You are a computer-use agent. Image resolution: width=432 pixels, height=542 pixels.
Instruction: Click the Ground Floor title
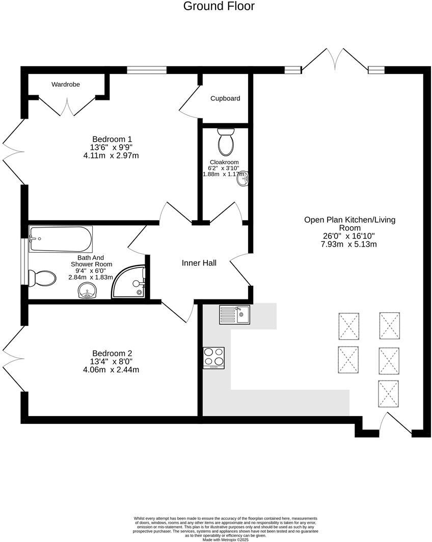point(219,6)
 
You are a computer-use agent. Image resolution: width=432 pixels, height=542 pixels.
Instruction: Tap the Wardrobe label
point(66,84)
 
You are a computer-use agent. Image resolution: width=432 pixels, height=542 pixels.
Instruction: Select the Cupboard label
point(225,98)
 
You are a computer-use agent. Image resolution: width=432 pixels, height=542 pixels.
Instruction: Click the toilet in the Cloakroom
point(225,142)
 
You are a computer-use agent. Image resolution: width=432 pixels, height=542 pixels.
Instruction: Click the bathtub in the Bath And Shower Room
point(60,238)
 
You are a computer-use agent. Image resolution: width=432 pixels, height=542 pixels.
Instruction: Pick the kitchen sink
point(234,314)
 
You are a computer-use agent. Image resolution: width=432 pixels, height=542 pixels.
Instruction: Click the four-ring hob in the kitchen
point(214,357)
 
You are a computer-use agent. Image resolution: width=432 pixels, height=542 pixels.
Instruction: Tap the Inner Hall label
point(199,263)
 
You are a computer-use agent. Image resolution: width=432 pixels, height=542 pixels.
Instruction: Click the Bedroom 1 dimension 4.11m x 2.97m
point(111,156)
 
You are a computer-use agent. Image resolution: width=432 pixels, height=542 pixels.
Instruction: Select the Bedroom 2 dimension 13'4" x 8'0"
point(112,362)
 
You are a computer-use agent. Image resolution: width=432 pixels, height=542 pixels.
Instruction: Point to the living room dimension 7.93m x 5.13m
point(349,245)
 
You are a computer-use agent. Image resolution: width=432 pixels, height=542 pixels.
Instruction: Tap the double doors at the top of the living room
point(335,60)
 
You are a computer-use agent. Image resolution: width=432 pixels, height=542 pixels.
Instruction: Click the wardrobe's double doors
point(67,104)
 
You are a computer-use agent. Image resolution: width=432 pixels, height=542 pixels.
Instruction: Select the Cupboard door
point(188,104)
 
